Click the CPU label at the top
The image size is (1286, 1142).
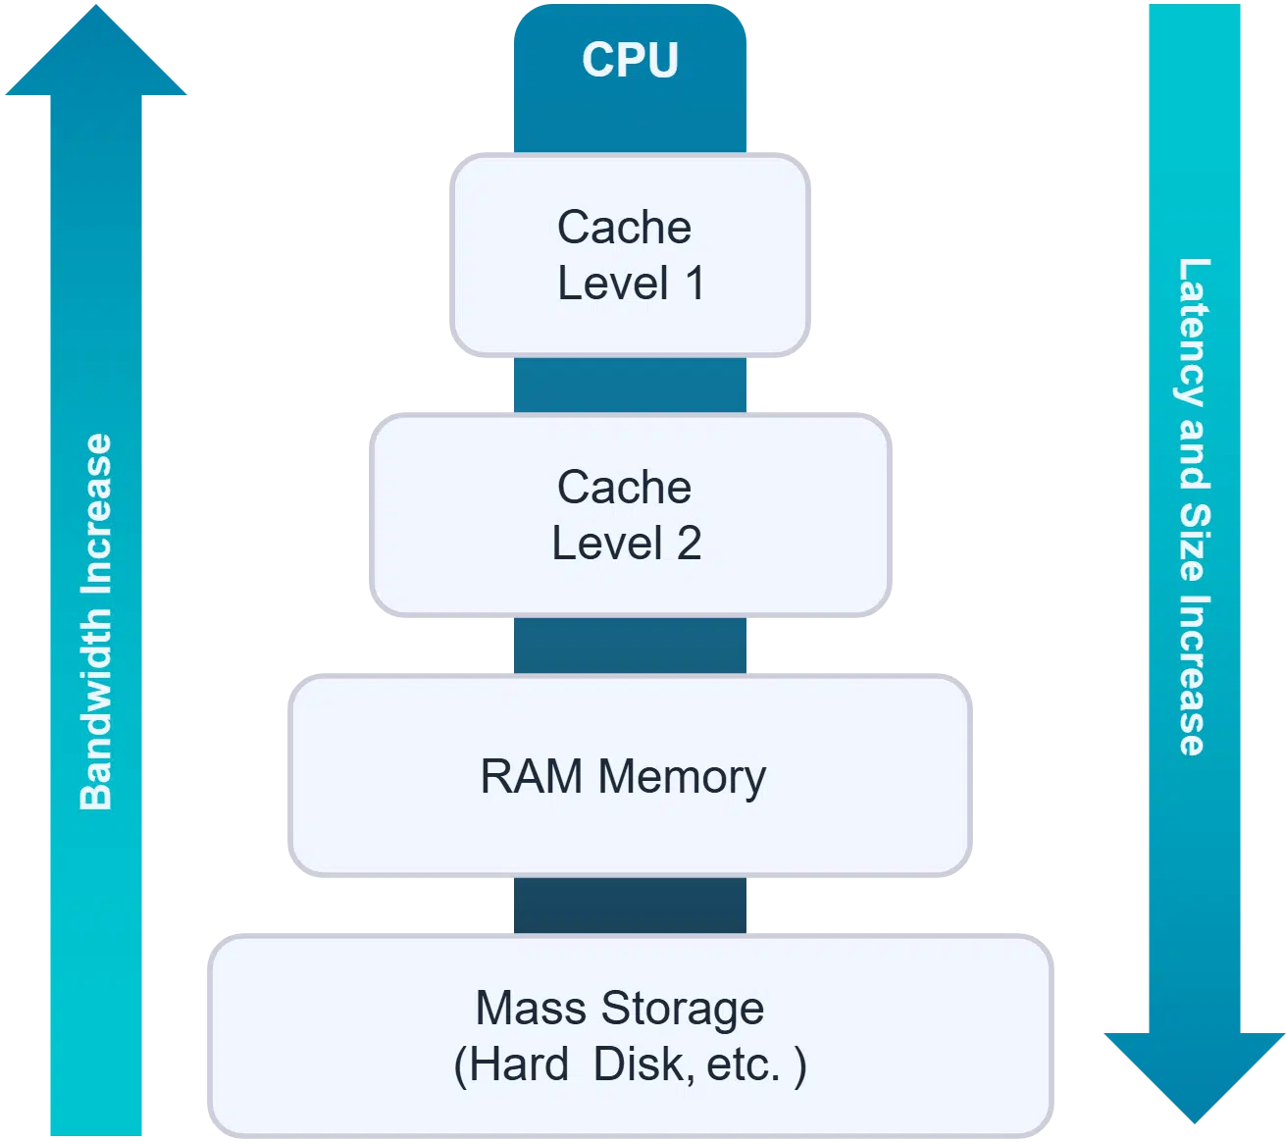[630, 59]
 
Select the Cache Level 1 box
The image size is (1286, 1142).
[630, 255]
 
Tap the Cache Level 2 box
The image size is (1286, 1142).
[630, 515]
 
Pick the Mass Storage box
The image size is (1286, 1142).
[630, 1036]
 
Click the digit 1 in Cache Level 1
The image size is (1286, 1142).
[694, 284]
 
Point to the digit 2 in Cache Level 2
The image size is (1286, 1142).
[689, 544]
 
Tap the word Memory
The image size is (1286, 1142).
[682, 776]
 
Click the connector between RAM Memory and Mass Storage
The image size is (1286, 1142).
[630, 906]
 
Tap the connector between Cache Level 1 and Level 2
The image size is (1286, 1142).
[630, 386]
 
